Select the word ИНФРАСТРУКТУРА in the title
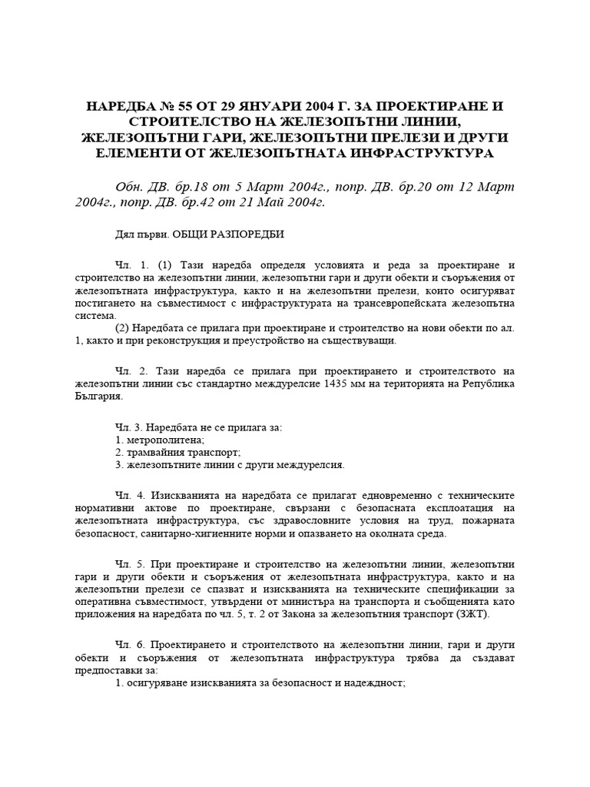click(x=410, y=152)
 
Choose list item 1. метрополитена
click(x=154, y=440)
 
